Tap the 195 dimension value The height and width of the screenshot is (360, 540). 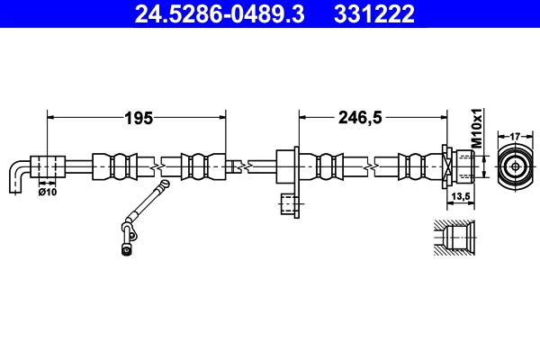(x=138, y=117)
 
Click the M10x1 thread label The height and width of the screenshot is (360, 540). (x=478, y=129)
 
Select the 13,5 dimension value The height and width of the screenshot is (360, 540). (x=460, y=197)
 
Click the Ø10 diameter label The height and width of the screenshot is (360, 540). (x=47, y=191)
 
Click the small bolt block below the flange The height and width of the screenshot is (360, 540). (x=288, y=205)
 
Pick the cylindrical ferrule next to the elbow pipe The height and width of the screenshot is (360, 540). (x=49, y=166)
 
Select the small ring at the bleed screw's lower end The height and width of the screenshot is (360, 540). (x=125, y=250)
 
